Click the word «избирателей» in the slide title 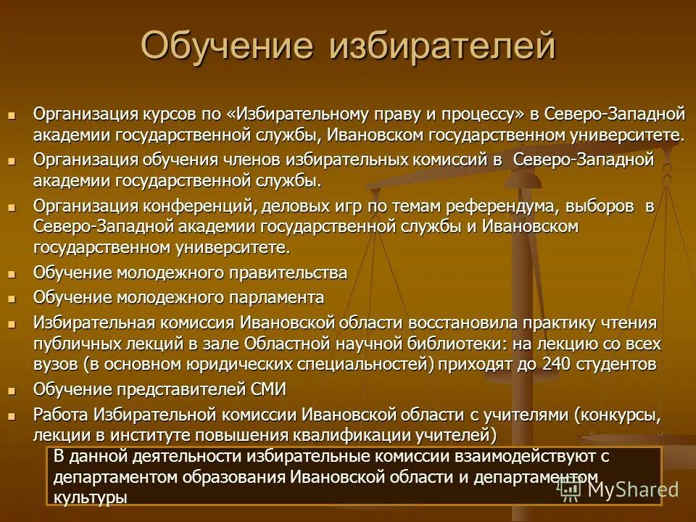(443, 46)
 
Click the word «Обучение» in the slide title (226, 46)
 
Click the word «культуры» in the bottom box (91, 497)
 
